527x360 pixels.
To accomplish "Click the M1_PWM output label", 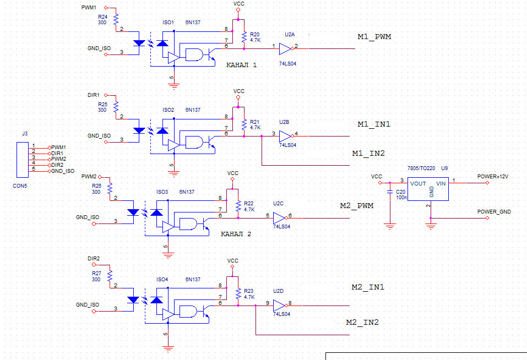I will pos(374,37).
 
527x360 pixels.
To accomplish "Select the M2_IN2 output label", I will pos(362,322).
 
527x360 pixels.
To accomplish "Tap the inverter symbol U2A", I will pos(285,49).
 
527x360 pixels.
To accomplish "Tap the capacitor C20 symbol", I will pos(390,193).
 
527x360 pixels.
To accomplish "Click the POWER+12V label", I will pos(492,177).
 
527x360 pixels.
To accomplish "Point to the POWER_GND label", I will pos(494,211).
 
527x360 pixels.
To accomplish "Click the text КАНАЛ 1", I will pos(241,65).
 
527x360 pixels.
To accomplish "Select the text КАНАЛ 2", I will pos(236,234).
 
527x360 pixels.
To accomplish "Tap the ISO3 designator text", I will pos(162,192).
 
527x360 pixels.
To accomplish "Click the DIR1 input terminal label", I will pos(94,95).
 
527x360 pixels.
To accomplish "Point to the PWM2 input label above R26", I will pos(89,177).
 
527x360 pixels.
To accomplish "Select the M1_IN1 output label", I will pos(374,124).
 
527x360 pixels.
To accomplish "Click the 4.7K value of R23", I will pos(249,297).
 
